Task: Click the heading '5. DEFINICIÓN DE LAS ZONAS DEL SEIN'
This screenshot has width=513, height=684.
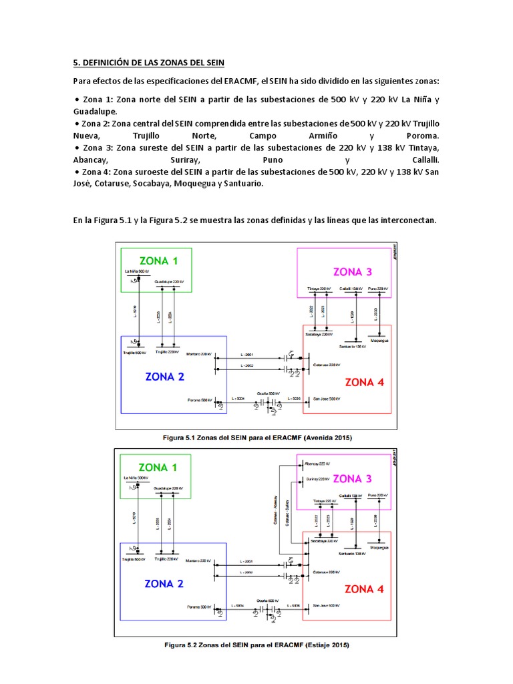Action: (149, 63)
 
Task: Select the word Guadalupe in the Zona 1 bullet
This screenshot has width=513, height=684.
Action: (94, 112)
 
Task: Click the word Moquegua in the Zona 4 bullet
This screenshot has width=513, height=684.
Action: (193, 184)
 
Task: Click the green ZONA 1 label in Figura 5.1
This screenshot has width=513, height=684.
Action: (158, 261)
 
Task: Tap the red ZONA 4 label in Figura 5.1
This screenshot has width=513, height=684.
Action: (364, 383)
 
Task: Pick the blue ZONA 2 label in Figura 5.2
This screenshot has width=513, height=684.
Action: (164, 584)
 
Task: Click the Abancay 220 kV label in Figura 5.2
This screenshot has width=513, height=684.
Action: (317, 464)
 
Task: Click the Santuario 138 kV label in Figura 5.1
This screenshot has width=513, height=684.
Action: (351, 346)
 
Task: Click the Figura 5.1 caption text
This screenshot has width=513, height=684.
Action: (257, 437)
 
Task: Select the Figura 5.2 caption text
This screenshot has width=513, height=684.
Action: (256, 645)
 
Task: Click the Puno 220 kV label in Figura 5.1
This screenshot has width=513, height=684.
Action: (377, 289)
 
